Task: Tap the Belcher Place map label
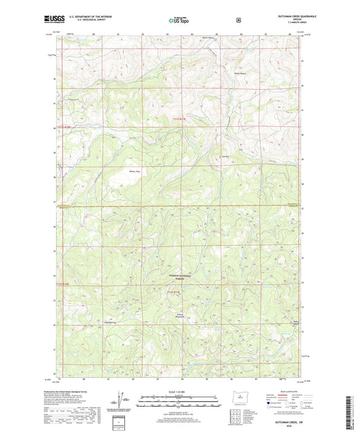click(x=134, y=171)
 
